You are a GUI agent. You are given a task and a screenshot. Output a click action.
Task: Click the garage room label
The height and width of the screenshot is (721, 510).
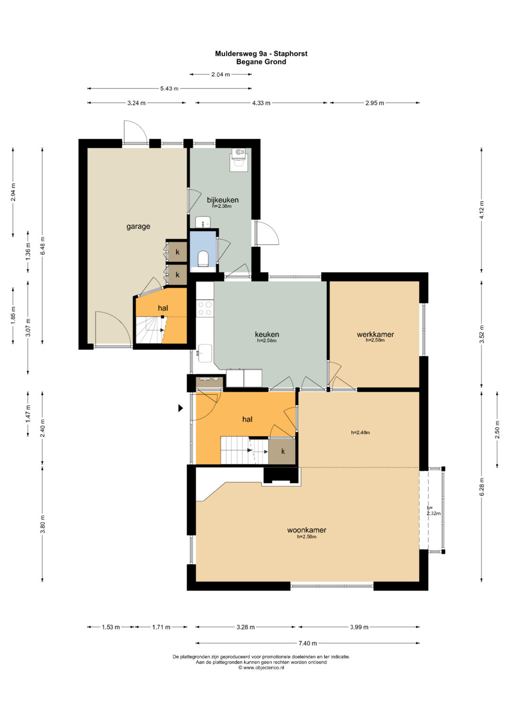pos(138,226)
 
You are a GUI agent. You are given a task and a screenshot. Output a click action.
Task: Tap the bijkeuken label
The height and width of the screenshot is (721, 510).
pos(222,200)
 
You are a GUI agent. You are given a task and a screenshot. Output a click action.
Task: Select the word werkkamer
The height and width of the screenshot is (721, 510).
pos(375,334)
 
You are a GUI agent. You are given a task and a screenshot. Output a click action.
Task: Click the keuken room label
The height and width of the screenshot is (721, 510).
pos(267,334)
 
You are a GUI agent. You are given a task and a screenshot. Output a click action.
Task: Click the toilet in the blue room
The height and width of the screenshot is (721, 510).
pos(203,258)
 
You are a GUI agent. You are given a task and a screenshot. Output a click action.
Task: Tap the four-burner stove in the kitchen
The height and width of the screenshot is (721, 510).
pos(205,308)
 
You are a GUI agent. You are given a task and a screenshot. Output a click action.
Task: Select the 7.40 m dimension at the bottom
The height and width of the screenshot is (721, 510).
pos(308,643)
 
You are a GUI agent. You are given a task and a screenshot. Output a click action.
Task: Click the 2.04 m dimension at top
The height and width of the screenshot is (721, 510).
pos(221,74)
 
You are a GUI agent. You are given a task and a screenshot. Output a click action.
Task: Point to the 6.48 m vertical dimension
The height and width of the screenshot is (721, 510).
pos(42,246)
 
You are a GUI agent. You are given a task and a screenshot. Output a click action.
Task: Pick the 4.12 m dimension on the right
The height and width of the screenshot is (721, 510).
pos(482,210)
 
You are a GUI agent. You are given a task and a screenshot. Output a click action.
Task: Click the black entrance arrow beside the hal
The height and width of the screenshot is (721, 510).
pos(180,408)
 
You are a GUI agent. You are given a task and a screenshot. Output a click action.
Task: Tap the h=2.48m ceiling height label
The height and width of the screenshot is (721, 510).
pos(360,433)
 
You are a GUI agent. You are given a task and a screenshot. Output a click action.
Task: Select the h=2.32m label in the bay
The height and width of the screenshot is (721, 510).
pos(433,510)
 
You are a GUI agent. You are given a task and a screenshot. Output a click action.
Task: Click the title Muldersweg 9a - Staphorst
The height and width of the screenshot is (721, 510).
pos(261,53)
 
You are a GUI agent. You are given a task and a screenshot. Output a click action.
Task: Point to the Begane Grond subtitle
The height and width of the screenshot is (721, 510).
pos(261,61)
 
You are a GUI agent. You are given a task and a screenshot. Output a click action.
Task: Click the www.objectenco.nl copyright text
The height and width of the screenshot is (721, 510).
pos(261,668)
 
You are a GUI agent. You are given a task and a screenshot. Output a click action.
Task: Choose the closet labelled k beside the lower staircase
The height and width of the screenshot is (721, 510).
pos(283,451)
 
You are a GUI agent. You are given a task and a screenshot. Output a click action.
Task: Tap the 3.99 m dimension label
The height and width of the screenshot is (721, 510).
pos(359,627)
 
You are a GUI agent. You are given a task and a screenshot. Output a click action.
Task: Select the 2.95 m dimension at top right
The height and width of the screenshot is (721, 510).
pos(374,103)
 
